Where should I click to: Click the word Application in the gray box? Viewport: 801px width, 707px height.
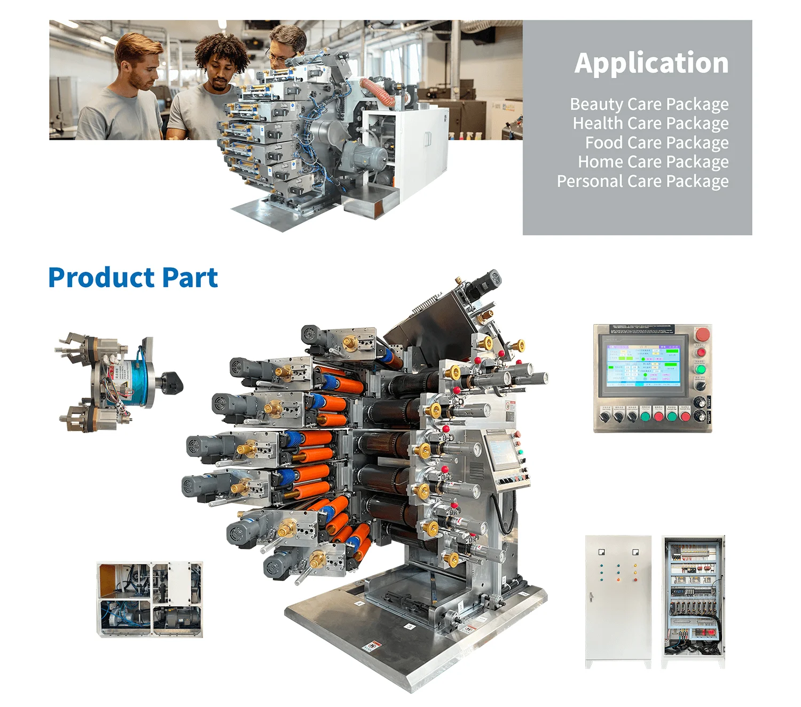point(651,63)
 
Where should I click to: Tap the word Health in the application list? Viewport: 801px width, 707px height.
point(598,123)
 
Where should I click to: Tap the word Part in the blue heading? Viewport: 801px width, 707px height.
point(190,278)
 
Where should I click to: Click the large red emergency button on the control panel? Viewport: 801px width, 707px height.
point(703,335)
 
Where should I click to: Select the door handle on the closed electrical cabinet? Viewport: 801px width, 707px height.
point(591,598)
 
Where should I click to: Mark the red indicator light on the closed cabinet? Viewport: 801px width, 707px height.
point(618,579)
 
